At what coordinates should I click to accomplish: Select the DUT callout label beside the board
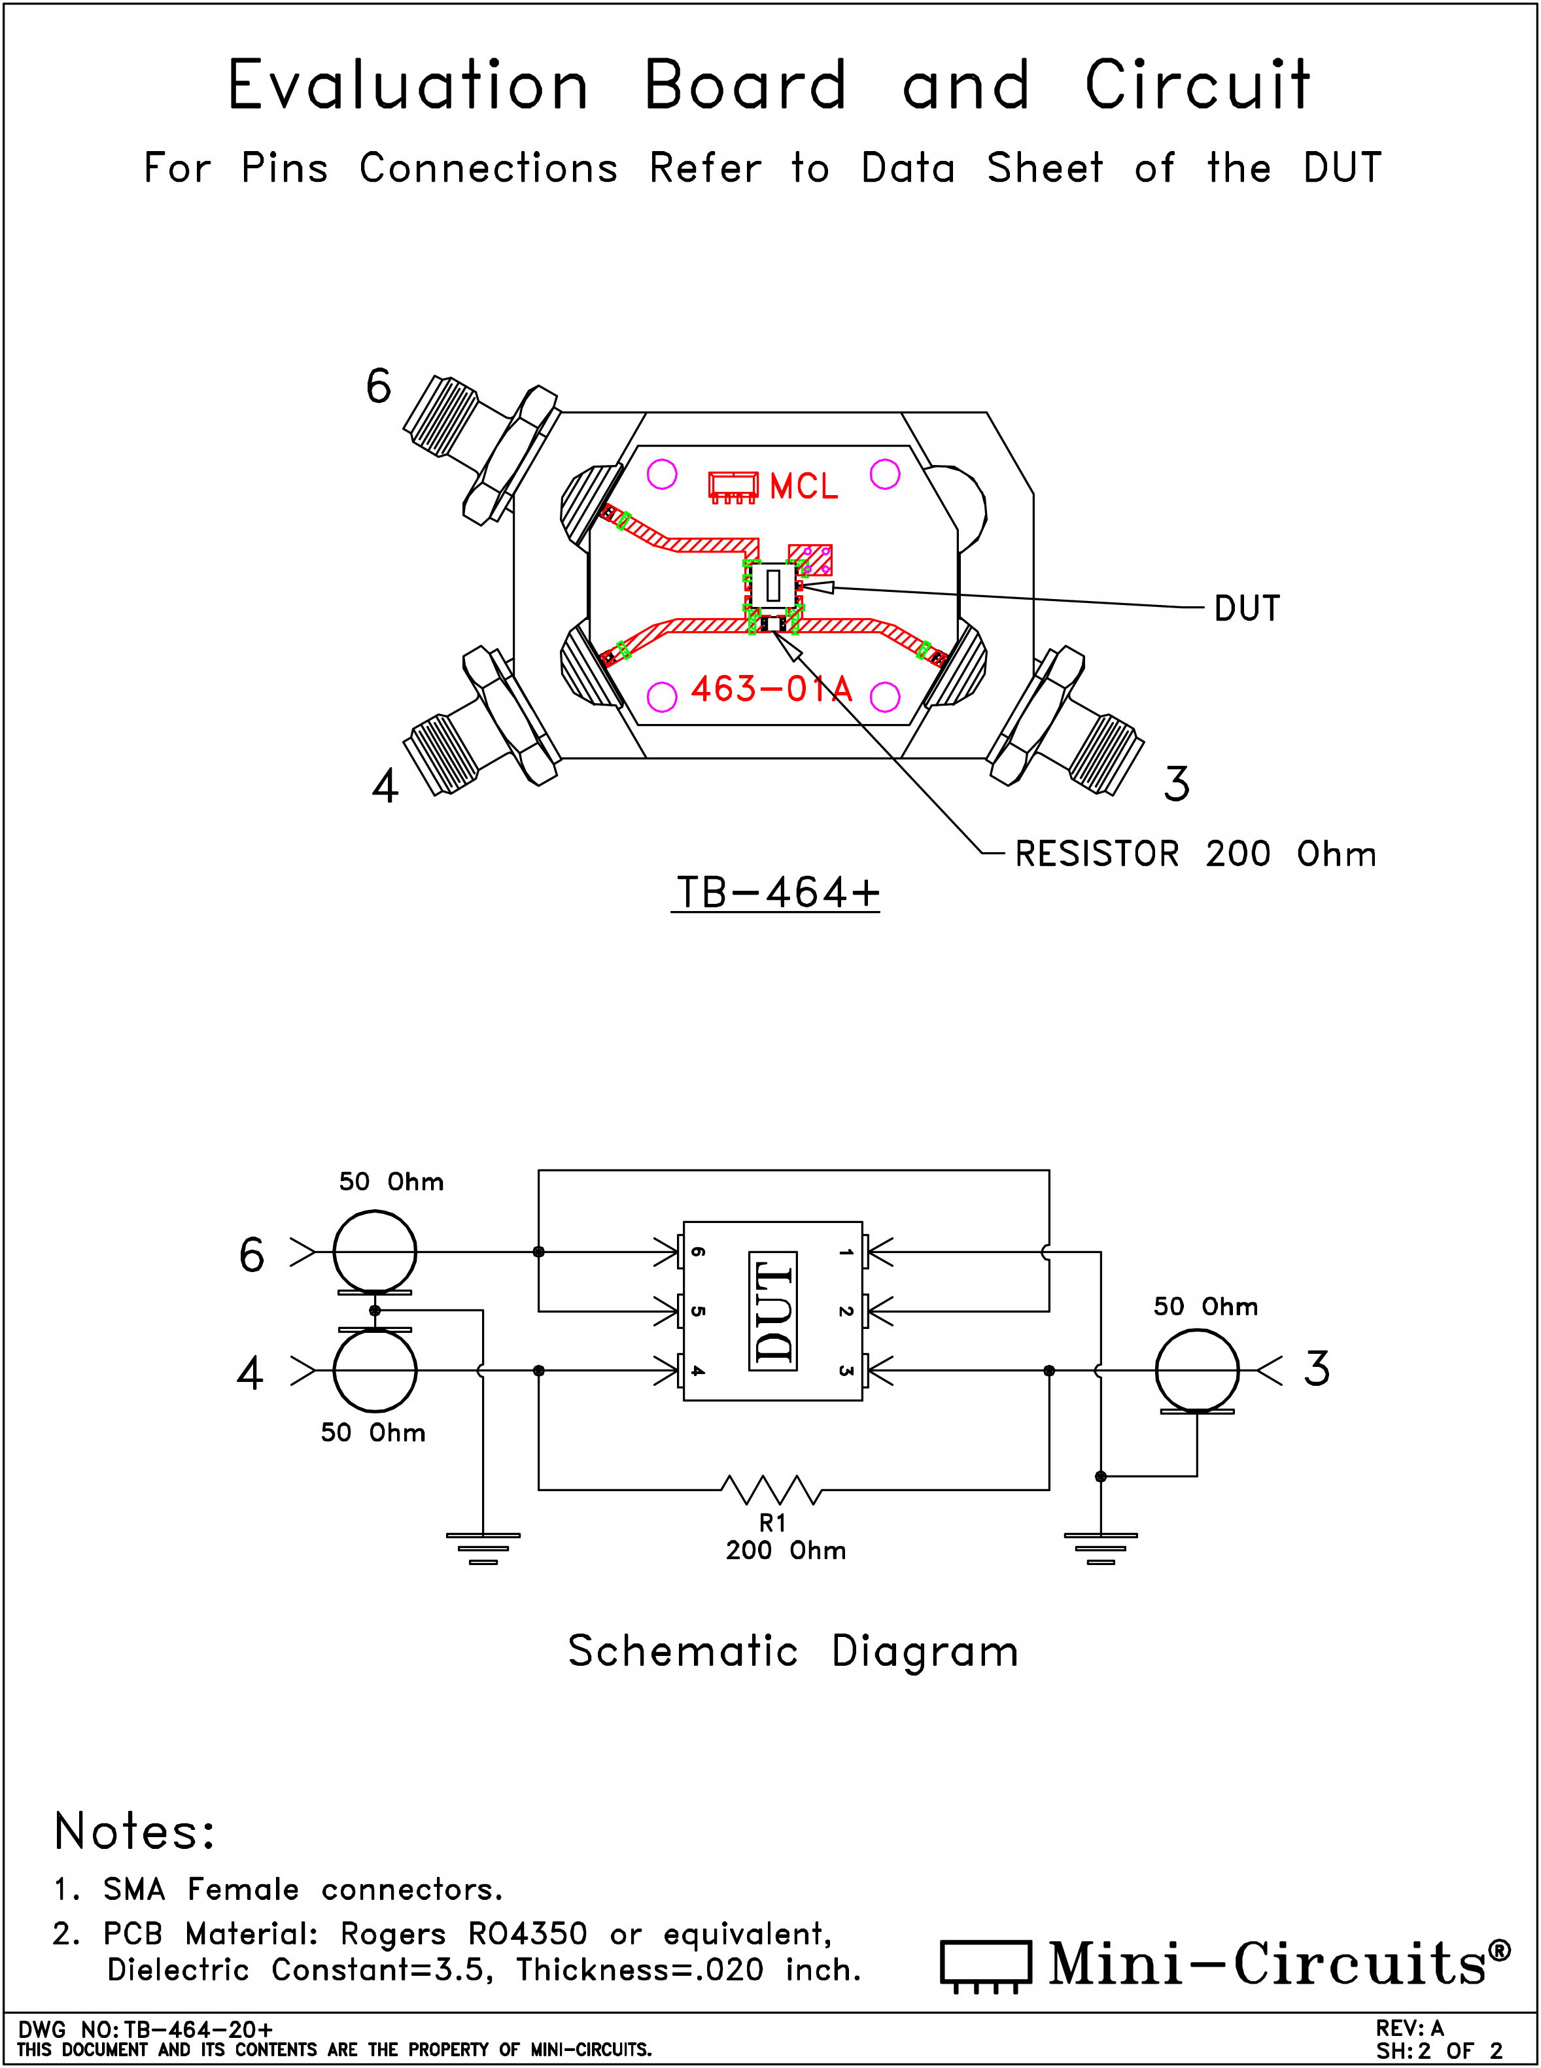[x=1247, y=608]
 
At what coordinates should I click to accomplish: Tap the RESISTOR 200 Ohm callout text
[x=1195, y=853]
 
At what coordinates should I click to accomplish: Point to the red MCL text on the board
[x=803, y=486]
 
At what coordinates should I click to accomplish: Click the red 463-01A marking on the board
[x=771, y=689]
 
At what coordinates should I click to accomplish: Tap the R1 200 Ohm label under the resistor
[x=786, y=1536]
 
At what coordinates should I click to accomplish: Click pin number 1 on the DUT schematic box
[x=845, y=1252]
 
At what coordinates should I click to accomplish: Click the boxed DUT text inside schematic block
[x=773, y=1311]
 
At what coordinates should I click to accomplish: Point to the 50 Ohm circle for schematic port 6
[x=375, y=1252]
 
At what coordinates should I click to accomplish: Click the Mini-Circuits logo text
[x=1278, y=1963]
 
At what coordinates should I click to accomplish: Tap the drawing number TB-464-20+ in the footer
[x=199, y=2029]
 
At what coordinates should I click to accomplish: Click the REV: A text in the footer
[x=1410, y=2028]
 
